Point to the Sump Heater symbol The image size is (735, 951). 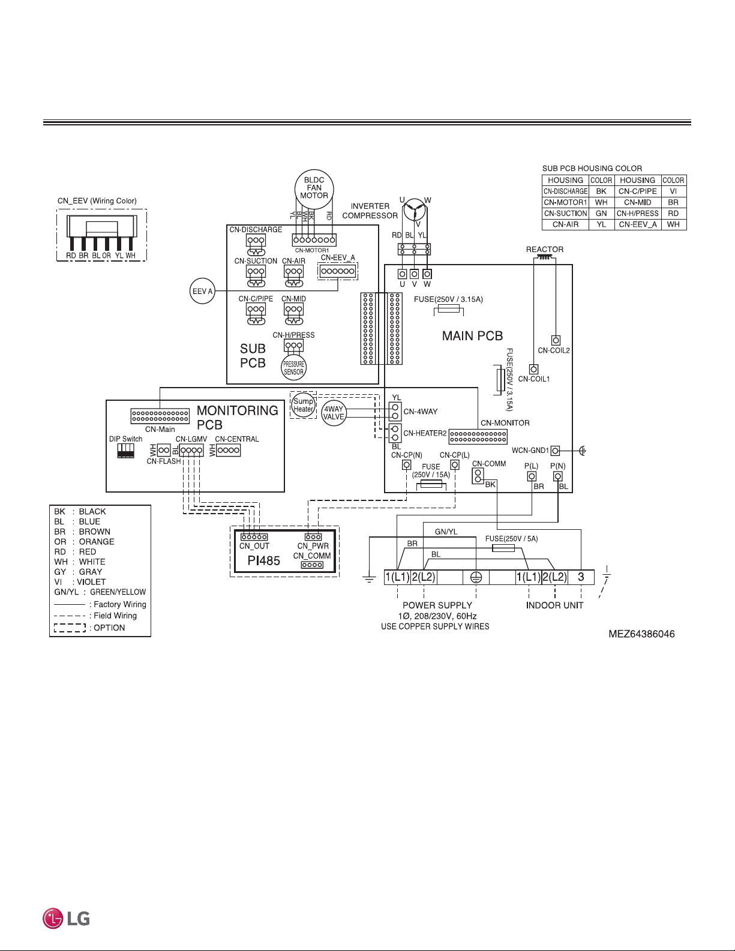[x=303, y=405]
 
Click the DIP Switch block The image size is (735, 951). [x=125, y=451]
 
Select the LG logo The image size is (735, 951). [x=67, y=918]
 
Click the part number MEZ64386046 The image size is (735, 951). [x=641, y=634]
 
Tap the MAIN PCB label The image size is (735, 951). [x=473, y=335]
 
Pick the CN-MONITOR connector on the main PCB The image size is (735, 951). [x=478, y=436]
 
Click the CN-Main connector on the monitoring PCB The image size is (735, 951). [x=160, y=416]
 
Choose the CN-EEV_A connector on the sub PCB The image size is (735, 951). [x=338, y=271]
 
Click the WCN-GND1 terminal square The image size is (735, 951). [x=555, y=451]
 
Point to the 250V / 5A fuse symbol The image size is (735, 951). [x=503, y=548]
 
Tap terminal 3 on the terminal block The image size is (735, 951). [x=581, y=577]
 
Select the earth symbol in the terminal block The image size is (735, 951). [x=476, y=577]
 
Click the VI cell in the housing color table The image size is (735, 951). [x=673, y=191]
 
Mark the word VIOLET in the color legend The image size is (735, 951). [x=91, y=581]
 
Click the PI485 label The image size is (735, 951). [x=264, y=560]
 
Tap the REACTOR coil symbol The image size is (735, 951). [x=544, y=258]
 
